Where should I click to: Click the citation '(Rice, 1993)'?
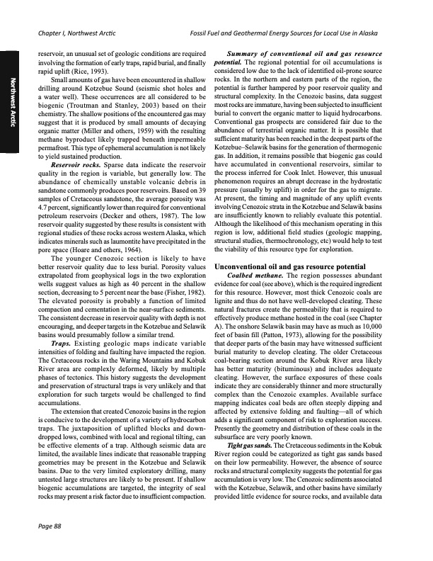point(91,72)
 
